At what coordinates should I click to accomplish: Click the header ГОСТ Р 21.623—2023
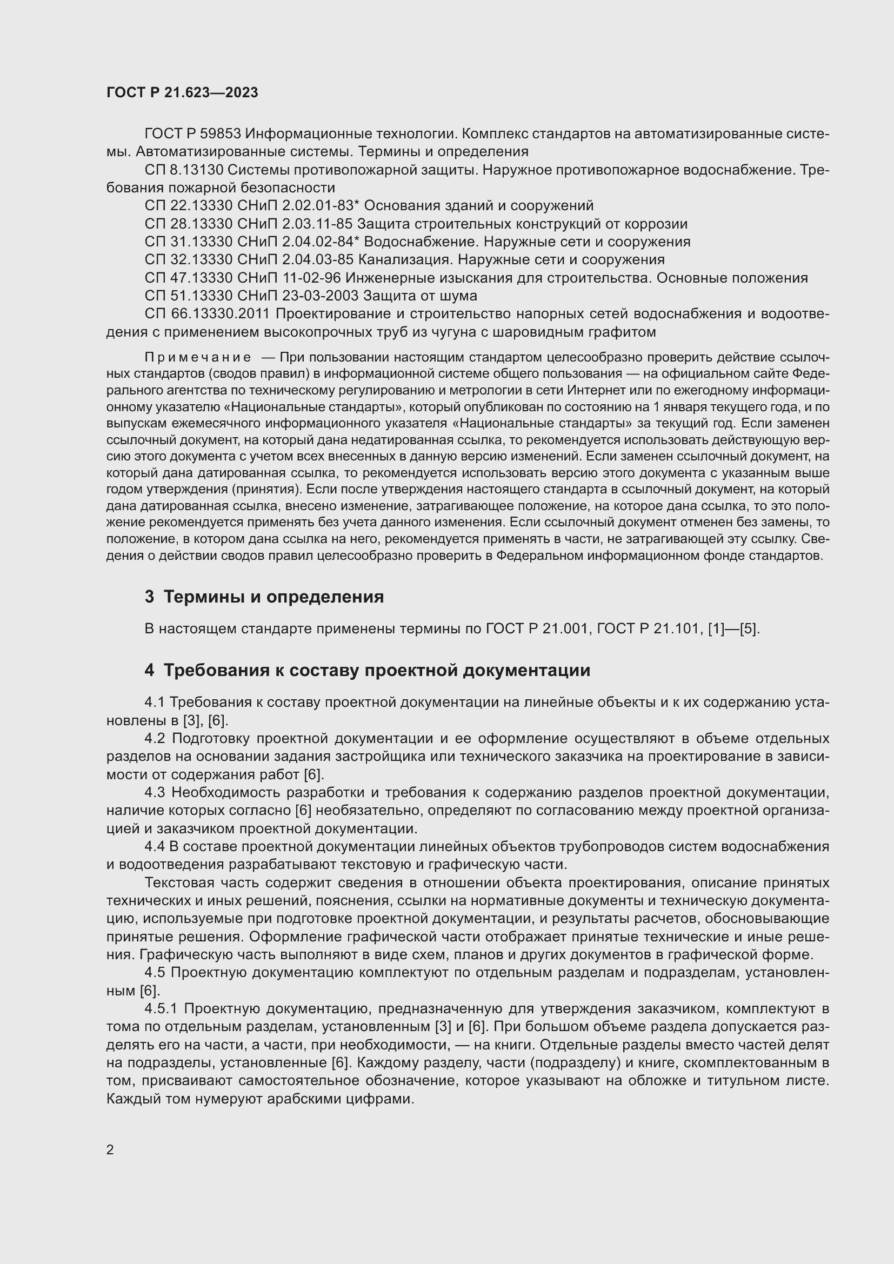pos(182,92)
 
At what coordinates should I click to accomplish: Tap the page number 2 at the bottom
pos(110,1149)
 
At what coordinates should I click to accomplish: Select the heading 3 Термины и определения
pos(264,597)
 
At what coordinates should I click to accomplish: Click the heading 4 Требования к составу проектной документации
pos(367,670)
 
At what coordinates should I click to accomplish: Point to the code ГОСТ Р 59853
pos(192,134)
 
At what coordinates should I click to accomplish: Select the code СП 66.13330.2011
pos(207,314)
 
